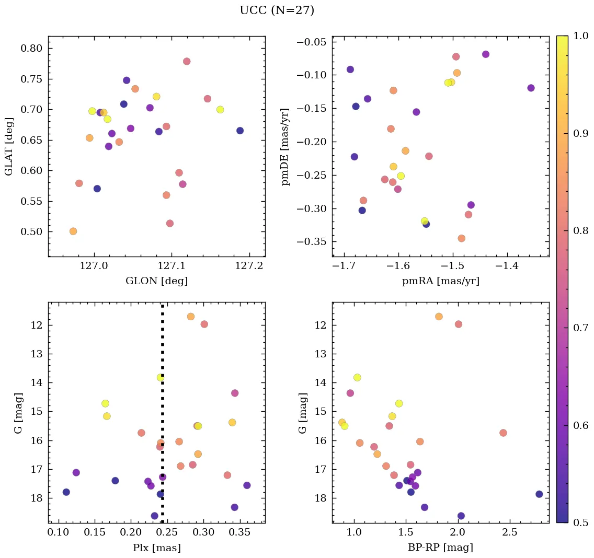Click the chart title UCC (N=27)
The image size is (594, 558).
pyautogui.click(x=277, y=10)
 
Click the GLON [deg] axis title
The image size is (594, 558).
pyautogui.click(x=156, y=281)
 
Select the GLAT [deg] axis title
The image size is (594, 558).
pyautogui.click(x=9, y=146)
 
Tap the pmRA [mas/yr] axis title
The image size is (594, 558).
pyautogui.click(x=440, y=281)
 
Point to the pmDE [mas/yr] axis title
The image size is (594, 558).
pyautogui.click(x=285, y=146)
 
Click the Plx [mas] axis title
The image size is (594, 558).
pyautogui.click(x=156, y=548)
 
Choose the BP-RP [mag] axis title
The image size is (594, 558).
pyautogui.click(x=440, y=548)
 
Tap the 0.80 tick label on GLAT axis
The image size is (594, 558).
pyautogui.click(x=31, y=49)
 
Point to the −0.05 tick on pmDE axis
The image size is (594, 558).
pyautogui.click(x=312, y=42)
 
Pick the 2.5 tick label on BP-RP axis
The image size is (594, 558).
pyautogui.click(x=510, y=534)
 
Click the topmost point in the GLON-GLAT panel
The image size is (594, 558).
pyautogui.click(x=187, y=61)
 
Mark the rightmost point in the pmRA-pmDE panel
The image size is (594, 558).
pyautogui.click(x=531, y=88)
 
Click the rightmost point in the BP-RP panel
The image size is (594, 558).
pyautogui.click(x=539, y=494)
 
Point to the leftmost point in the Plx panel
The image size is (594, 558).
pyautogui.click(x=66, y=492)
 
